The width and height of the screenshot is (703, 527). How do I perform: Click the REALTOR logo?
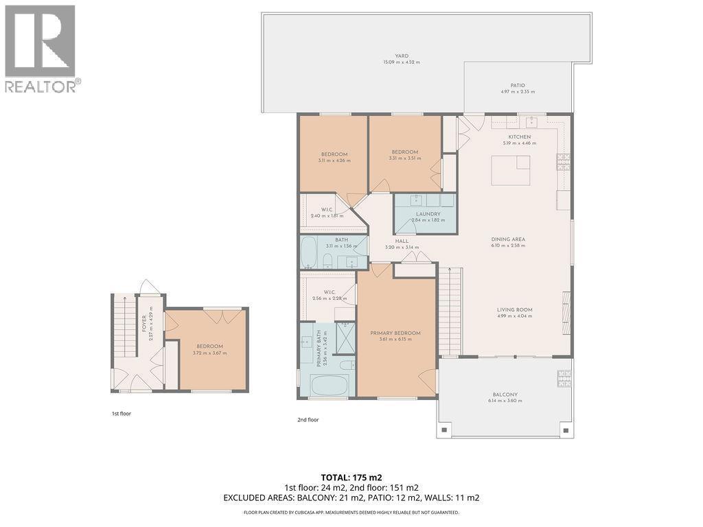[41, 48]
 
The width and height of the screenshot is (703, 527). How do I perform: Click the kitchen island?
[510, 171]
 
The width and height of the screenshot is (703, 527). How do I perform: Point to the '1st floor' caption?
[121, 414]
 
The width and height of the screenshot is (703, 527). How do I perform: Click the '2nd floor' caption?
[308, 419]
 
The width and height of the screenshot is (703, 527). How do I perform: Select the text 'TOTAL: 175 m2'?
[351, 477]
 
